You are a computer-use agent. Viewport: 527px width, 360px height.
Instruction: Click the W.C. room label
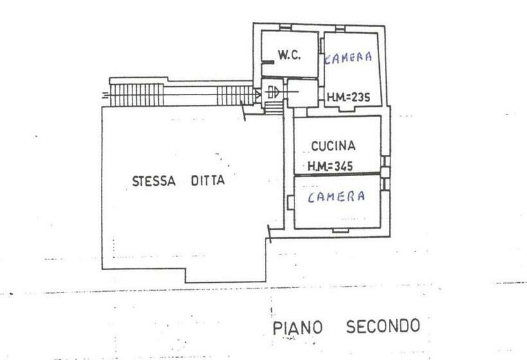tap(289, 55)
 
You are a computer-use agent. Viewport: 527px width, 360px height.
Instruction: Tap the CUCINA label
tap(333, 146)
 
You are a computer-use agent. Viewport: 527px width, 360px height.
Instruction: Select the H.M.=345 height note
tap(330, 166)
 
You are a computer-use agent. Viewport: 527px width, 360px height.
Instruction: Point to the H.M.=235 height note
tap(348, 98)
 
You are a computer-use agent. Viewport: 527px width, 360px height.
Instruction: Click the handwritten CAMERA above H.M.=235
tap(348, 58)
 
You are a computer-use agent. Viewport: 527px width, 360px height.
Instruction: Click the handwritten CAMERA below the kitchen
tap(336, 197)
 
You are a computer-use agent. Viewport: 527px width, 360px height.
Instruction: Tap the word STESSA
tap(154, 181)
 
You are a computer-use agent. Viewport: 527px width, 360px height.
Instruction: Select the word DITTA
tap(208, 181)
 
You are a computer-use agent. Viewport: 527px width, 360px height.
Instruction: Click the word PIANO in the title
tap(298, 328)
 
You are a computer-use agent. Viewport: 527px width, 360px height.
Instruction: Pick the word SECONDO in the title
tap(383, 326)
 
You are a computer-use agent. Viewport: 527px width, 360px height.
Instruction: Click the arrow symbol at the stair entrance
tap(272, 92)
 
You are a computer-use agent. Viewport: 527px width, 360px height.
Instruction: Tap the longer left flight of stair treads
tap(137, 94)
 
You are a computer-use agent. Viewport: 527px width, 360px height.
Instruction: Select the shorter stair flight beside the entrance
tap(235, 95)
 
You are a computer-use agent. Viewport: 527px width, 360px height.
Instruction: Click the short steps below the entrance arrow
tap(274, 108)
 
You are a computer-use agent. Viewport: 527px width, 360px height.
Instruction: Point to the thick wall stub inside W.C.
tap(268, 62)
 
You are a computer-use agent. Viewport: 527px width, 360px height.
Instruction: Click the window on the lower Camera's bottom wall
tap(340, 231)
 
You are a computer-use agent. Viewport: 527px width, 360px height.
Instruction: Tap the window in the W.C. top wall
tap(285, 28)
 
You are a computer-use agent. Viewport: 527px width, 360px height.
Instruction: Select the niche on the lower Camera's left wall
tap(290, 203)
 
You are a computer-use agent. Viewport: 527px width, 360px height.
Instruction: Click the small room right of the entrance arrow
tap(302, 93)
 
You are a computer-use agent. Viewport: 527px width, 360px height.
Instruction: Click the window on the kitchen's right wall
tap(386, 161)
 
